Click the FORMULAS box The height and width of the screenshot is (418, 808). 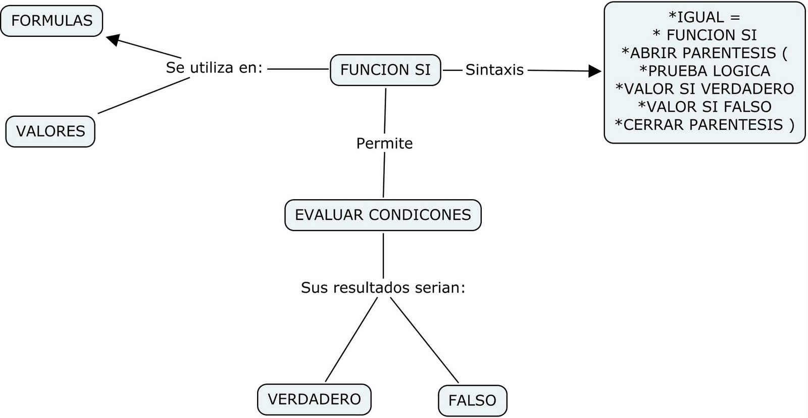(x=52, y=21)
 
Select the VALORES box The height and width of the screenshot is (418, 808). (x=50, y=131)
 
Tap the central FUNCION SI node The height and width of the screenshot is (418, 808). (x=385, y=70)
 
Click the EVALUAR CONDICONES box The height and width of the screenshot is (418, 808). (x=383, y=215)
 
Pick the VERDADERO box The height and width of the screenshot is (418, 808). (x=314, y=399)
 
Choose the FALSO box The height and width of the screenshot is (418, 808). (x=472, y=400)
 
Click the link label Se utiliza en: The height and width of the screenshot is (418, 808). (x=214, y=68)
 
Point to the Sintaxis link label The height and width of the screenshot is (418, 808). (x=494, y=70)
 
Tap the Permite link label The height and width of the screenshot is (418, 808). (x=384, y=144)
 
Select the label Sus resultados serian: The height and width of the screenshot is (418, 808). (x=383, y=288)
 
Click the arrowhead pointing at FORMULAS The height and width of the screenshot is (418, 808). (x=113, y=39)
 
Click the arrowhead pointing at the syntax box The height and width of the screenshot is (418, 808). (x=595, y=71)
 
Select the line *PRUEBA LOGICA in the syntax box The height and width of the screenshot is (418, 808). (x=704, y=71)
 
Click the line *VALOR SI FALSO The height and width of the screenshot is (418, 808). (x=704, y=107)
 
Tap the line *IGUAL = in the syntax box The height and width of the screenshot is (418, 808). (x=704, y=17)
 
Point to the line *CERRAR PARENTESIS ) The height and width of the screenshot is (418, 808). (x=704, y=124)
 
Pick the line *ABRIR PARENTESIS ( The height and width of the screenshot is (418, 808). (x=704, y=53)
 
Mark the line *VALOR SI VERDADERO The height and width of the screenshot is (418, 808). (x=704, y=88)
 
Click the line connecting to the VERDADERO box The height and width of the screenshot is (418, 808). (x=351, y=340)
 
